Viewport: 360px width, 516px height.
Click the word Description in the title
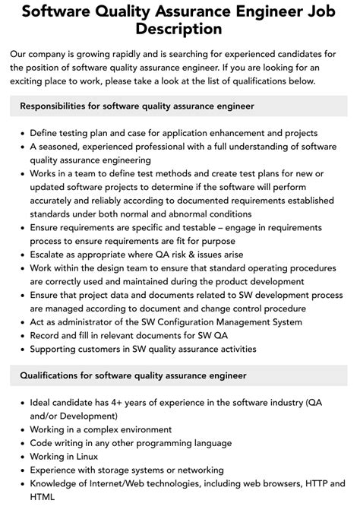click(x=179, y=30)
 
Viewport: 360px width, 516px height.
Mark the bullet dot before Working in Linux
click(x=21, y=457)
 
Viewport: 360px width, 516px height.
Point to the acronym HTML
click(x=43, y=498)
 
